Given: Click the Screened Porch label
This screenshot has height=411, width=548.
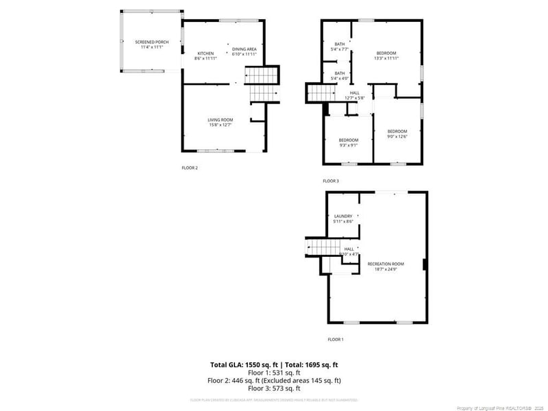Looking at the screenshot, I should (x=151, y=45).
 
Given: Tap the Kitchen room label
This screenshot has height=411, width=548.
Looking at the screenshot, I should (x=206, y=56).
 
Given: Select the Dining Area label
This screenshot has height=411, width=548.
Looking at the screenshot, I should (x=244, y=51).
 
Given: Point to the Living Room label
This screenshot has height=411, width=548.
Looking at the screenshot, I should (x=221, y=122).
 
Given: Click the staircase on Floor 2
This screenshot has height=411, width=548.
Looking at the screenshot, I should (x=263, y=84).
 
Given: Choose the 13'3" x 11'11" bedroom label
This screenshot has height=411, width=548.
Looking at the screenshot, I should (x=386, y=55).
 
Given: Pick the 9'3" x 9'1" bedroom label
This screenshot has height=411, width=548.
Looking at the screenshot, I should (x=348, y=142).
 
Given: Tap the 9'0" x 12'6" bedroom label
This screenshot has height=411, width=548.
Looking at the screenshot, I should (x=397, y=134).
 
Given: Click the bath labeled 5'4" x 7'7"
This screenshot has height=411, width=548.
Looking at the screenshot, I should (x=340, y=47).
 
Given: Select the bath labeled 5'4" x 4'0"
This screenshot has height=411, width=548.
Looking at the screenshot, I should (x=340, y=75).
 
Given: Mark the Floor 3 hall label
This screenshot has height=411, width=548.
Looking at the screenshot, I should (x=354, y=95).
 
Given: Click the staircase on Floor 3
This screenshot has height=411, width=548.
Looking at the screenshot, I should (x=317, y=92).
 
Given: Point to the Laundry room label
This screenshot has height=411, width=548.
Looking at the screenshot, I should (x=342, y=219).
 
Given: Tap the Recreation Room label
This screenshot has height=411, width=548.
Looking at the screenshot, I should (x=386, y=266).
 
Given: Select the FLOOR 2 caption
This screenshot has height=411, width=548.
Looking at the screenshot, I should (x=189, y=168).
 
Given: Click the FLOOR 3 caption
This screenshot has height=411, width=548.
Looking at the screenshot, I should (x=331, y=181).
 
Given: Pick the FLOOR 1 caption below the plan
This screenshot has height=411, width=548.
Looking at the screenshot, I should (x=335, y=339).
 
